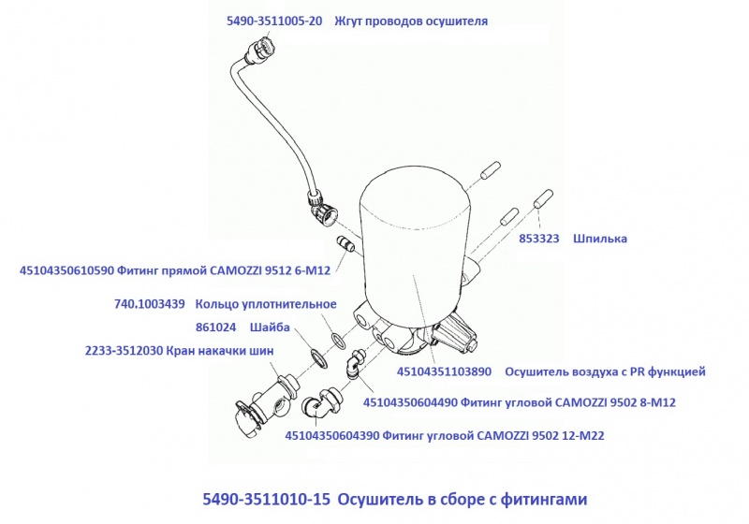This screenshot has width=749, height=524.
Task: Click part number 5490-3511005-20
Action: (x=274, y=21)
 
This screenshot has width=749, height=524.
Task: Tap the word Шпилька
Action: (x=600, y=239)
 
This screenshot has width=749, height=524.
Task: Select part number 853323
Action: (x=539, y=239)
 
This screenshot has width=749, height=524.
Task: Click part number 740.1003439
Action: (x=150, y=304)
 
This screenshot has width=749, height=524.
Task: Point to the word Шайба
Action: (x=270, y=327)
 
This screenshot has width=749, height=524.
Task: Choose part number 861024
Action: (x=216, y=327)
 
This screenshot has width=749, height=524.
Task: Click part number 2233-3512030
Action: (x=124, y=351)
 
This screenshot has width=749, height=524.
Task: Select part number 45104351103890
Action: (x=444, y=371)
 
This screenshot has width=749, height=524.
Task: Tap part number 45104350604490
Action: (x=410, y=402)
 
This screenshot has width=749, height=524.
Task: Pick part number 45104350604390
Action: (x=332, y=436)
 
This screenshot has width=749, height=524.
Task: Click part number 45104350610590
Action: (x=66, y=270)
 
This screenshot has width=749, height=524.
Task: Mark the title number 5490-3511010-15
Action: (x=267, y=499)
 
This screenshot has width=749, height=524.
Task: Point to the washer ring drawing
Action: (x=318, y=358)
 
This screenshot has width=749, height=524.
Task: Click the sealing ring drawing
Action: (x=339, y=340)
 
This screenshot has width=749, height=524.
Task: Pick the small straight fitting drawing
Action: (x=345, y=242)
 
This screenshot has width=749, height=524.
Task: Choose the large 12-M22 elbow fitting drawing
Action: (x=321, y=402)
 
